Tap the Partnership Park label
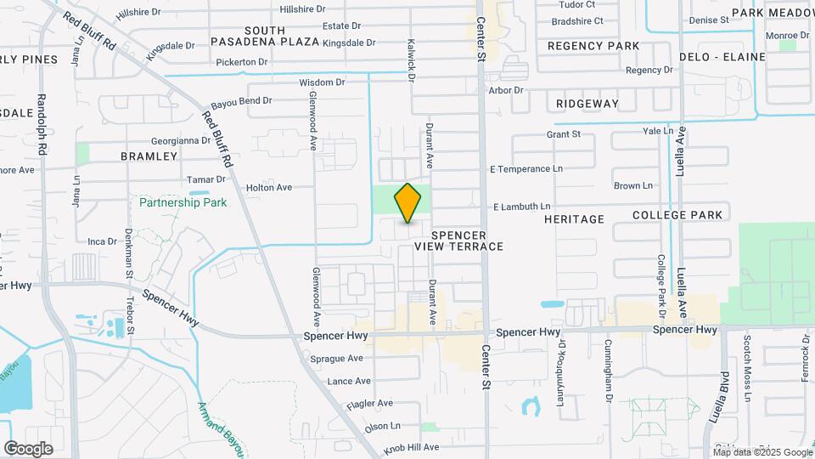183,202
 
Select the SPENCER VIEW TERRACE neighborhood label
458,241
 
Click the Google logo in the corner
28,448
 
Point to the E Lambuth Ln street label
522,207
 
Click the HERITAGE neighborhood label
574,219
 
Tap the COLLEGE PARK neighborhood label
677,215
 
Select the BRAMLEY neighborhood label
149,156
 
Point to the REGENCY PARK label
593,45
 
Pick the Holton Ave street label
268,187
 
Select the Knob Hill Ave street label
411,446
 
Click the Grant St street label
564,134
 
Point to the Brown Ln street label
632,186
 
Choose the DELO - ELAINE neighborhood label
722,57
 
